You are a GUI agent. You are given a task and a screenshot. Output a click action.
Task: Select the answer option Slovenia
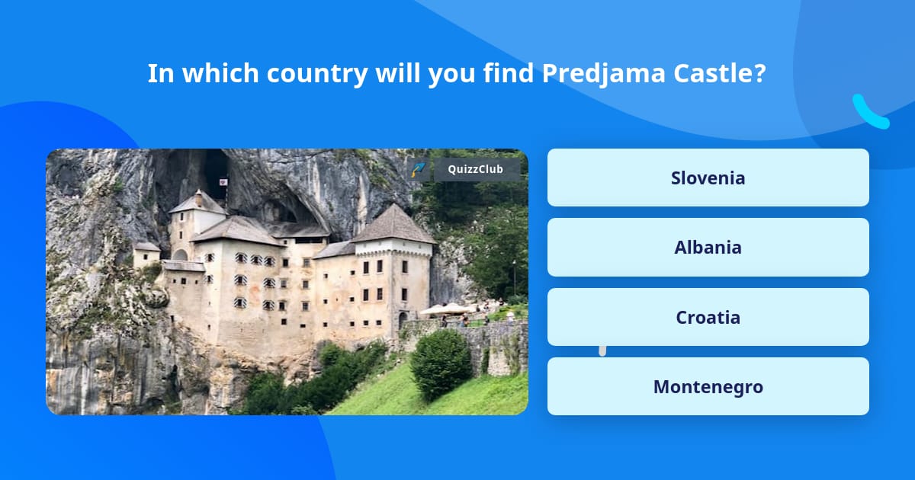[x=708, y=178]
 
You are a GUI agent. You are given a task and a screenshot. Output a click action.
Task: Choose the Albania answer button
[x=708, y=247]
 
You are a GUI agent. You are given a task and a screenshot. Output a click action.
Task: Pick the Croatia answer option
[x=708, y=317]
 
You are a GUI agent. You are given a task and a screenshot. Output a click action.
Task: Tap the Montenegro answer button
[x=708, y=386]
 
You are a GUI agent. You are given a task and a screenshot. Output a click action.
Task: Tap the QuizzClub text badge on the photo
[x=477, y=169]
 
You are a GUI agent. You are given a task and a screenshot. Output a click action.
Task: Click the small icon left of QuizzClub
[x=419, y=169]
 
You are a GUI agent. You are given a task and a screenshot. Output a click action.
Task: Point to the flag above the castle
[x=222, y=184]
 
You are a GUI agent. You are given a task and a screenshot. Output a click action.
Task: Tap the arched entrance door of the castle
[x=403, y=319]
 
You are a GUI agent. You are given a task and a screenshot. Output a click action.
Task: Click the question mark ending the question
[x=759, y=74]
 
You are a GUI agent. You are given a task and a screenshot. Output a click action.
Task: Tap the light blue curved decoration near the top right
[x=870, y=113]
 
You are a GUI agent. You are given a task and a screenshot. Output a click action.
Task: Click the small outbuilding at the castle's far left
[x=146, y=254]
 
